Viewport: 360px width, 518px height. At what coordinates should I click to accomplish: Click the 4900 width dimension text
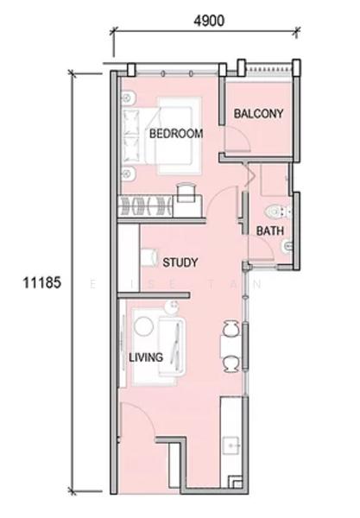(x=209, y=21)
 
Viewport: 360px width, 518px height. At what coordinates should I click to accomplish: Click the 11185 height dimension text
(x=42, y=283)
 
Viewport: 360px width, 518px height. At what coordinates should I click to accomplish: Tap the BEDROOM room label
(x=176, y=134)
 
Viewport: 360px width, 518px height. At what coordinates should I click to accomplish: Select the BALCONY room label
(x=259, y=114)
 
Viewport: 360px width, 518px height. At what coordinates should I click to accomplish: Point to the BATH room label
(x=270, y=231)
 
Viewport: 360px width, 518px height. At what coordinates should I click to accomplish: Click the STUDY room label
(x=180, y=262)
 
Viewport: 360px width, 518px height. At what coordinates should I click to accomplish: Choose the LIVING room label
(x=146, y=357)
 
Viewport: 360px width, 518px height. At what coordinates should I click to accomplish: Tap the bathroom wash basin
(x=287, y=247)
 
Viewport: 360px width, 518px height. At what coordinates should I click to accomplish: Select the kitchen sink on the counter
(x=231, y=445)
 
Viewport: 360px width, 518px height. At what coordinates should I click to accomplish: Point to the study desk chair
(x=149, y=257)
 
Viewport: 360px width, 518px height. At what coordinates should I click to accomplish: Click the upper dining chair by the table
(x=231, y=328)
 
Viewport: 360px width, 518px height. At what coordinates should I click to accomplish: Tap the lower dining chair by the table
(x=231, y=363)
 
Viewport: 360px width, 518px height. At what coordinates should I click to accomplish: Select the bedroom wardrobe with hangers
(x=146, y=205)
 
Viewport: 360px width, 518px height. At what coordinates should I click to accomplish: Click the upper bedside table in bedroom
(x=128, y=98)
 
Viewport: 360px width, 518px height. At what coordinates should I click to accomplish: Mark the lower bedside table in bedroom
(x=128, y=173)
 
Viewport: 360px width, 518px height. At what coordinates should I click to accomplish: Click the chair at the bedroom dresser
(x=186, y=193)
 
